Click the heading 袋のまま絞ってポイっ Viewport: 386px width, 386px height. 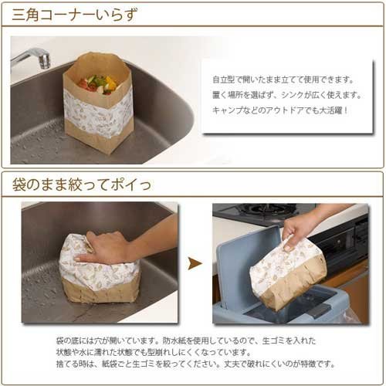tap(81, 185)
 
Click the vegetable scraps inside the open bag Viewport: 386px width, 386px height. tap(99, 83)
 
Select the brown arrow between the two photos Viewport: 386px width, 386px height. tap(195, 263)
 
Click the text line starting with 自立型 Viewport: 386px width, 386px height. tap(283, 80)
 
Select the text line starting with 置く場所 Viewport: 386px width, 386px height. tap(287, 95)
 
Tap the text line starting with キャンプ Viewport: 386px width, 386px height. tap(280, 110)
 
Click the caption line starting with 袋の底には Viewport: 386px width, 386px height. tap(186, 341)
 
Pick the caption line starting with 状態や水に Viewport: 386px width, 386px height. tap(154, 352)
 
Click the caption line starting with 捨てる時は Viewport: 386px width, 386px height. tap(195, 364)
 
